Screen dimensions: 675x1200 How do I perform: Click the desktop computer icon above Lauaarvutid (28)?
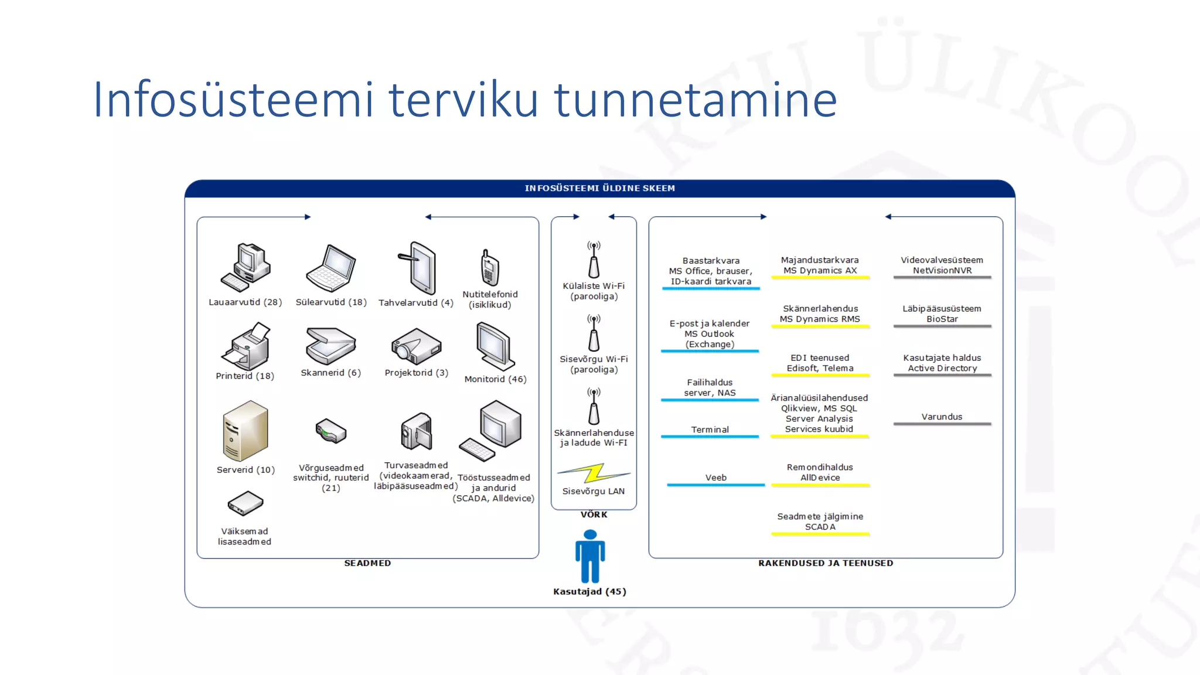point(246,267)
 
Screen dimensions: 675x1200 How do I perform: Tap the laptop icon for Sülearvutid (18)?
point(330,268)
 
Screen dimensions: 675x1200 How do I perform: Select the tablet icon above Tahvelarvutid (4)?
point(418,268)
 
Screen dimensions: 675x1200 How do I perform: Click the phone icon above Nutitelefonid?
point(489,268)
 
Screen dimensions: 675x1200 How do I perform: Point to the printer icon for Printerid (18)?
point(246,346)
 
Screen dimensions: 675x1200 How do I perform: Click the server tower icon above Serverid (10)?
point(246,431)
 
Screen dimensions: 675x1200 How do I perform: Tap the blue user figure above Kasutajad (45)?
point(590,556)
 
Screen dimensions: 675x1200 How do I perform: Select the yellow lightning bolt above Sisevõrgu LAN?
point(594,473)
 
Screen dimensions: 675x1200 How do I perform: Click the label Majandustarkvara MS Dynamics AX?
point(820,265)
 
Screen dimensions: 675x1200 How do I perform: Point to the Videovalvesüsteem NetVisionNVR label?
point(942,265)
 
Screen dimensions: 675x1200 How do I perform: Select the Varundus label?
point(942,417)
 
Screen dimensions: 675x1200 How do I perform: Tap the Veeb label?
point(715,478)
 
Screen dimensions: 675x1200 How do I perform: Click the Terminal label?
point(710,429)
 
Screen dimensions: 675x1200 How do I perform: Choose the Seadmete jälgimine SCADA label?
point(820,521)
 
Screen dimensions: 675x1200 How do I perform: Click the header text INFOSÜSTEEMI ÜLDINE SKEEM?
point(599,188)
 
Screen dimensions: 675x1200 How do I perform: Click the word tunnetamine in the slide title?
point(696,100)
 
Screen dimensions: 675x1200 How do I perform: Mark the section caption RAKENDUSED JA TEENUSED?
point(825,563)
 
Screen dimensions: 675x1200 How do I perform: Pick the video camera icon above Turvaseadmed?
point(416,432)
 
